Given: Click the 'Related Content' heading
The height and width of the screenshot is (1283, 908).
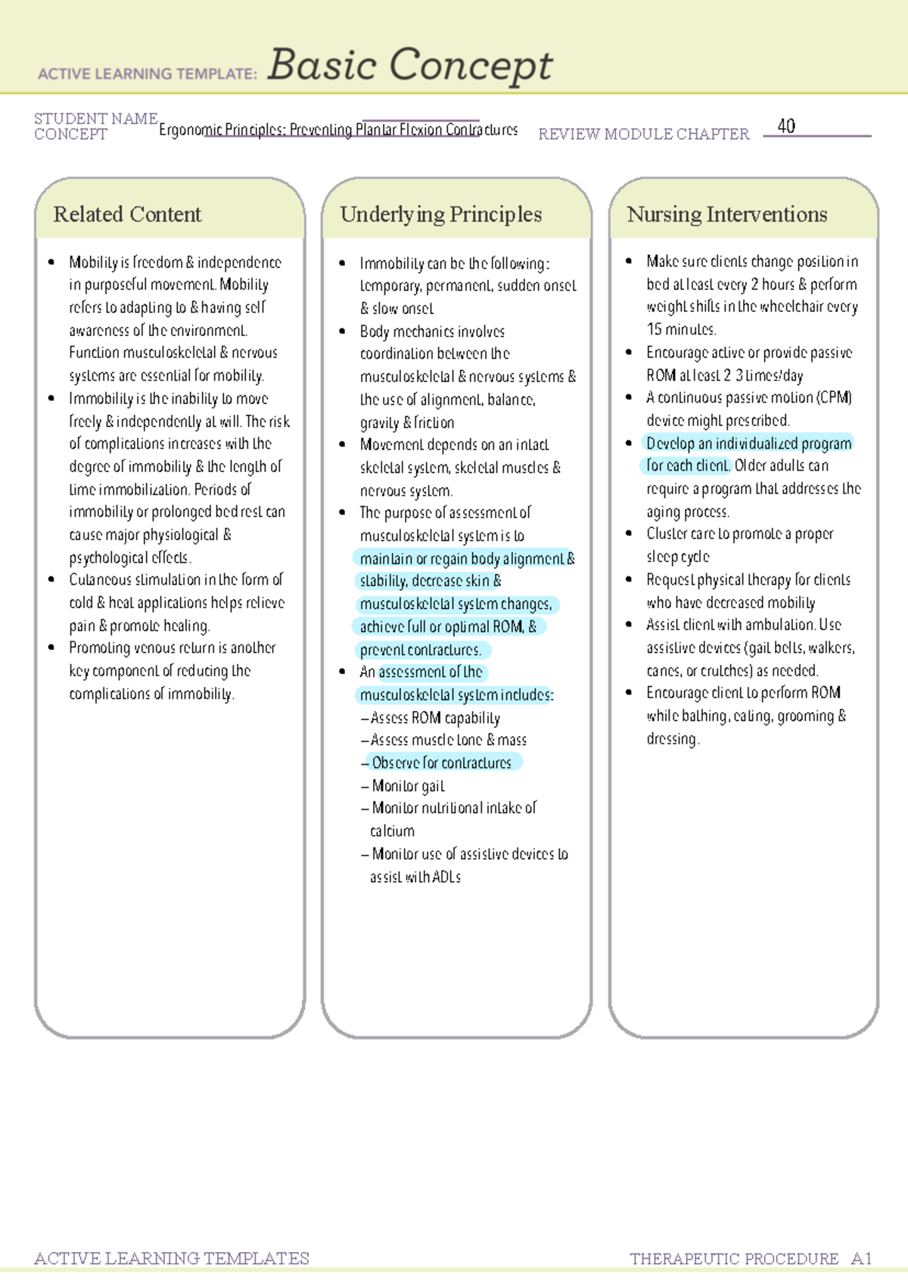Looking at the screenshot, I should (x=127, y=215).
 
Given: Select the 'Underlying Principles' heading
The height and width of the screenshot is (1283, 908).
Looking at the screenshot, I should (x=440, y=215).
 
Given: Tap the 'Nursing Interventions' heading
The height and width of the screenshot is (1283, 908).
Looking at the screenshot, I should (x=726, y=215).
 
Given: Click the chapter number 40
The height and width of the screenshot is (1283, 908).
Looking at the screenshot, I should (x=786, y=126).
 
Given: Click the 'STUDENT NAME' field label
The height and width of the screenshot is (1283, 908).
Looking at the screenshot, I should (x=96, y=119).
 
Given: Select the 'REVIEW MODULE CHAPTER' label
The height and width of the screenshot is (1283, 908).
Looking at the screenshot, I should (x=643, y=134).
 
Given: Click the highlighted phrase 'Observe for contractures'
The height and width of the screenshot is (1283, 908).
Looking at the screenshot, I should (x=442, y=763).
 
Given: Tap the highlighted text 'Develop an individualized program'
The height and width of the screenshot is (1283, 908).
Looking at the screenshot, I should (x=748, y=443).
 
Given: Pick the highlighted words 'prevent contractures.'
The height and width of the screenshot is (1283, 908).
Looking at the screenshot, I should (x=421, y=650).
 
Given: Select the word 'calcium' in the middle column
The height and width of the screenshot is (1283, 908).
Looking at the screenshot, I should (x=392, y=831).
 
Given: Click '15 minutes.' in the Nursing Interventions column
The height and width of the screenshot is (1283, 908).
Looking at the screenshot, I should (x=681, y=330).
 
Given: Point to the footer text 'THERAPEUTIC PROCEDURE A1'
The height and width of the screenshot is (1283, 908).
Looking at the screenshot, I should (x=750, y=1259).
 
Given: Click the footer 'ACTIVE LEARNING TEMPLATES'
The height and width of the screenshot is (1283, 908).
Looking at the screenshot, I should (x=172, y=1258).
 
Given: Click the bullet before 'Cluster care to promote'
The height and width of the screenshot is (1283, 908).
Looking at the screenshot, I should (x=629, y=533).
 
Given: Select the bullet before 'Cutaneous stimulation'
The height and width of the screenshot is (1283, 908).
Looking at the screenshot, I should (x=51, y=579).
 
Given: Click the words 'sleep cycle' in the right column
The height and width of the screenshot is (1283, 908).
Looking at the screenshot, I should (x=678, y=557).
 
